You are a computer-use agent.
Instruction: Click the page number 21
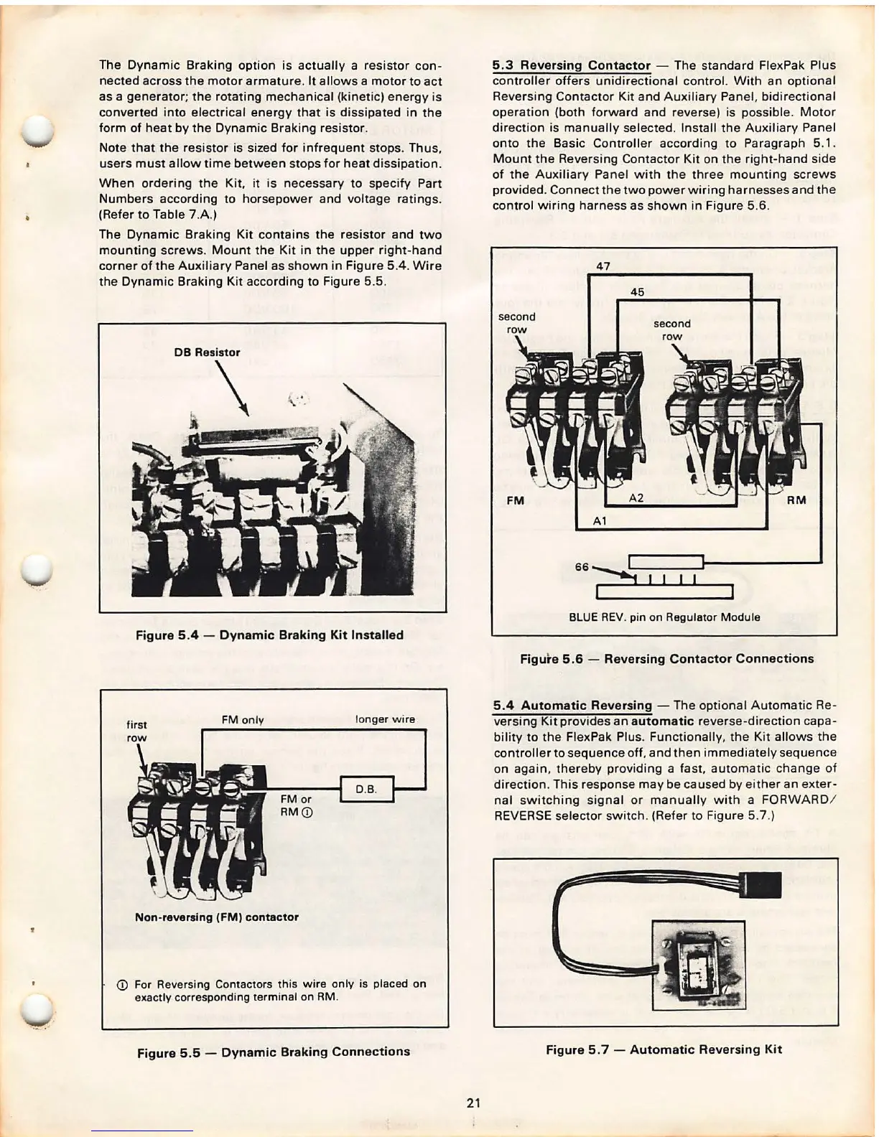473,1103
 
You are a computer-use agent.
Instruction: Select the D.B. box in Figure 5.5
366,790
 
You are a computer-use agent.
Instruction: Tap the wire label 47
603,266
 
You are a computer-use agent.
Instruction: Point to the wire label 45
637,292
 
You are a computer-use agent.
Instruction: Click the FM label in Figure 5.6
515,500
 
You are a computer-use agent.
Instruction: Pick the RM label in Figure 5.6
796,500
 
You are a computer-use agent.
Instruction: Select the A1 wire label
600,521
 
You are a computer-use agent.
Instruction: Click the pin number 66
582,566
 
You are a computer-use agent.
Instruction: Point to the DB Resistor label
207,352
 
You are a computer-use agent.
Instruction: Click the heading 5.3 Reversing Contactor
571,65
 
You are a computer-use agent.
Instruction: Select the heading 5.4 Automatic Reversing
572,706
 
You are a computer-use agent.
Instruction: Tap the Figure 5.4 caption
269,635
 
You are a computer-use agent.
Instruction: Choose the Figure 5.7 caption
664,1049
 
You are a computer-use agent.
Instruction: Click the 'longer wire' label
385,719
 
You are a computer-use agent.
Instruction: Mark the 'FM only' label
243,720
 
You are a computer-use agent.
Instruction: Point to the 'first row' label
136,731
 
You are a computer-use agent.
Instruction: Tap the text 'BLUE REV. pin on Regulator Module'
664,617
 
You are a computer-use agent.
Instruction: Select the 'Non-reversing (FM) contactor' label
217,917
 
